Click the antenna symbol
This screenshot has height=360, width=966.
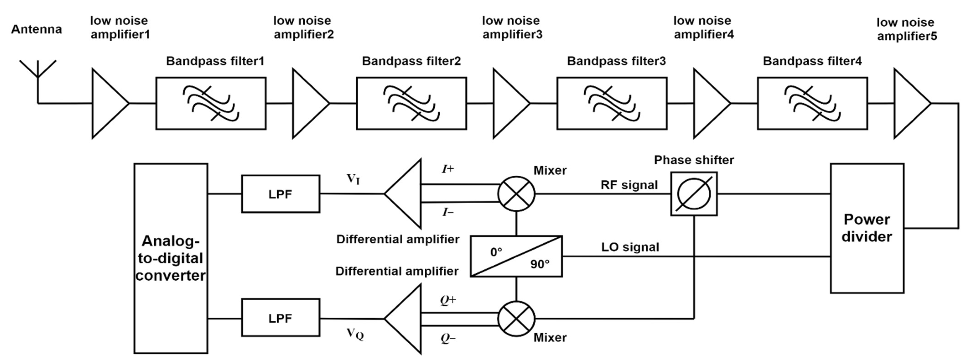[x=38, y=75]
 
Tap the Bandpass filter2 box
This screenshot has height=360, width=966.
[x=411, y=104]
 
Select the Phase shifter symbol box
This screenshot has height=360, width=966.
[x=694, y=194]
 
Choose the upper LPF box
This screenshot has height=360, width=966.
[x=281, y=194]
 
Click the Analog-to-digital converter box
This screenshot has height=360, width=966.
[x=171, y=258]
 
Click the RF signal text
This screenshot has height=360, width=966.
[x=629, y=185]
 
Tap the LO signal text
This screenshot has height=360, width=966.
[x=630, y=247]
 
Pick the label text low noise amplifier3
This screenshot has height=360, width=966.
[x=512, y=27]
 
